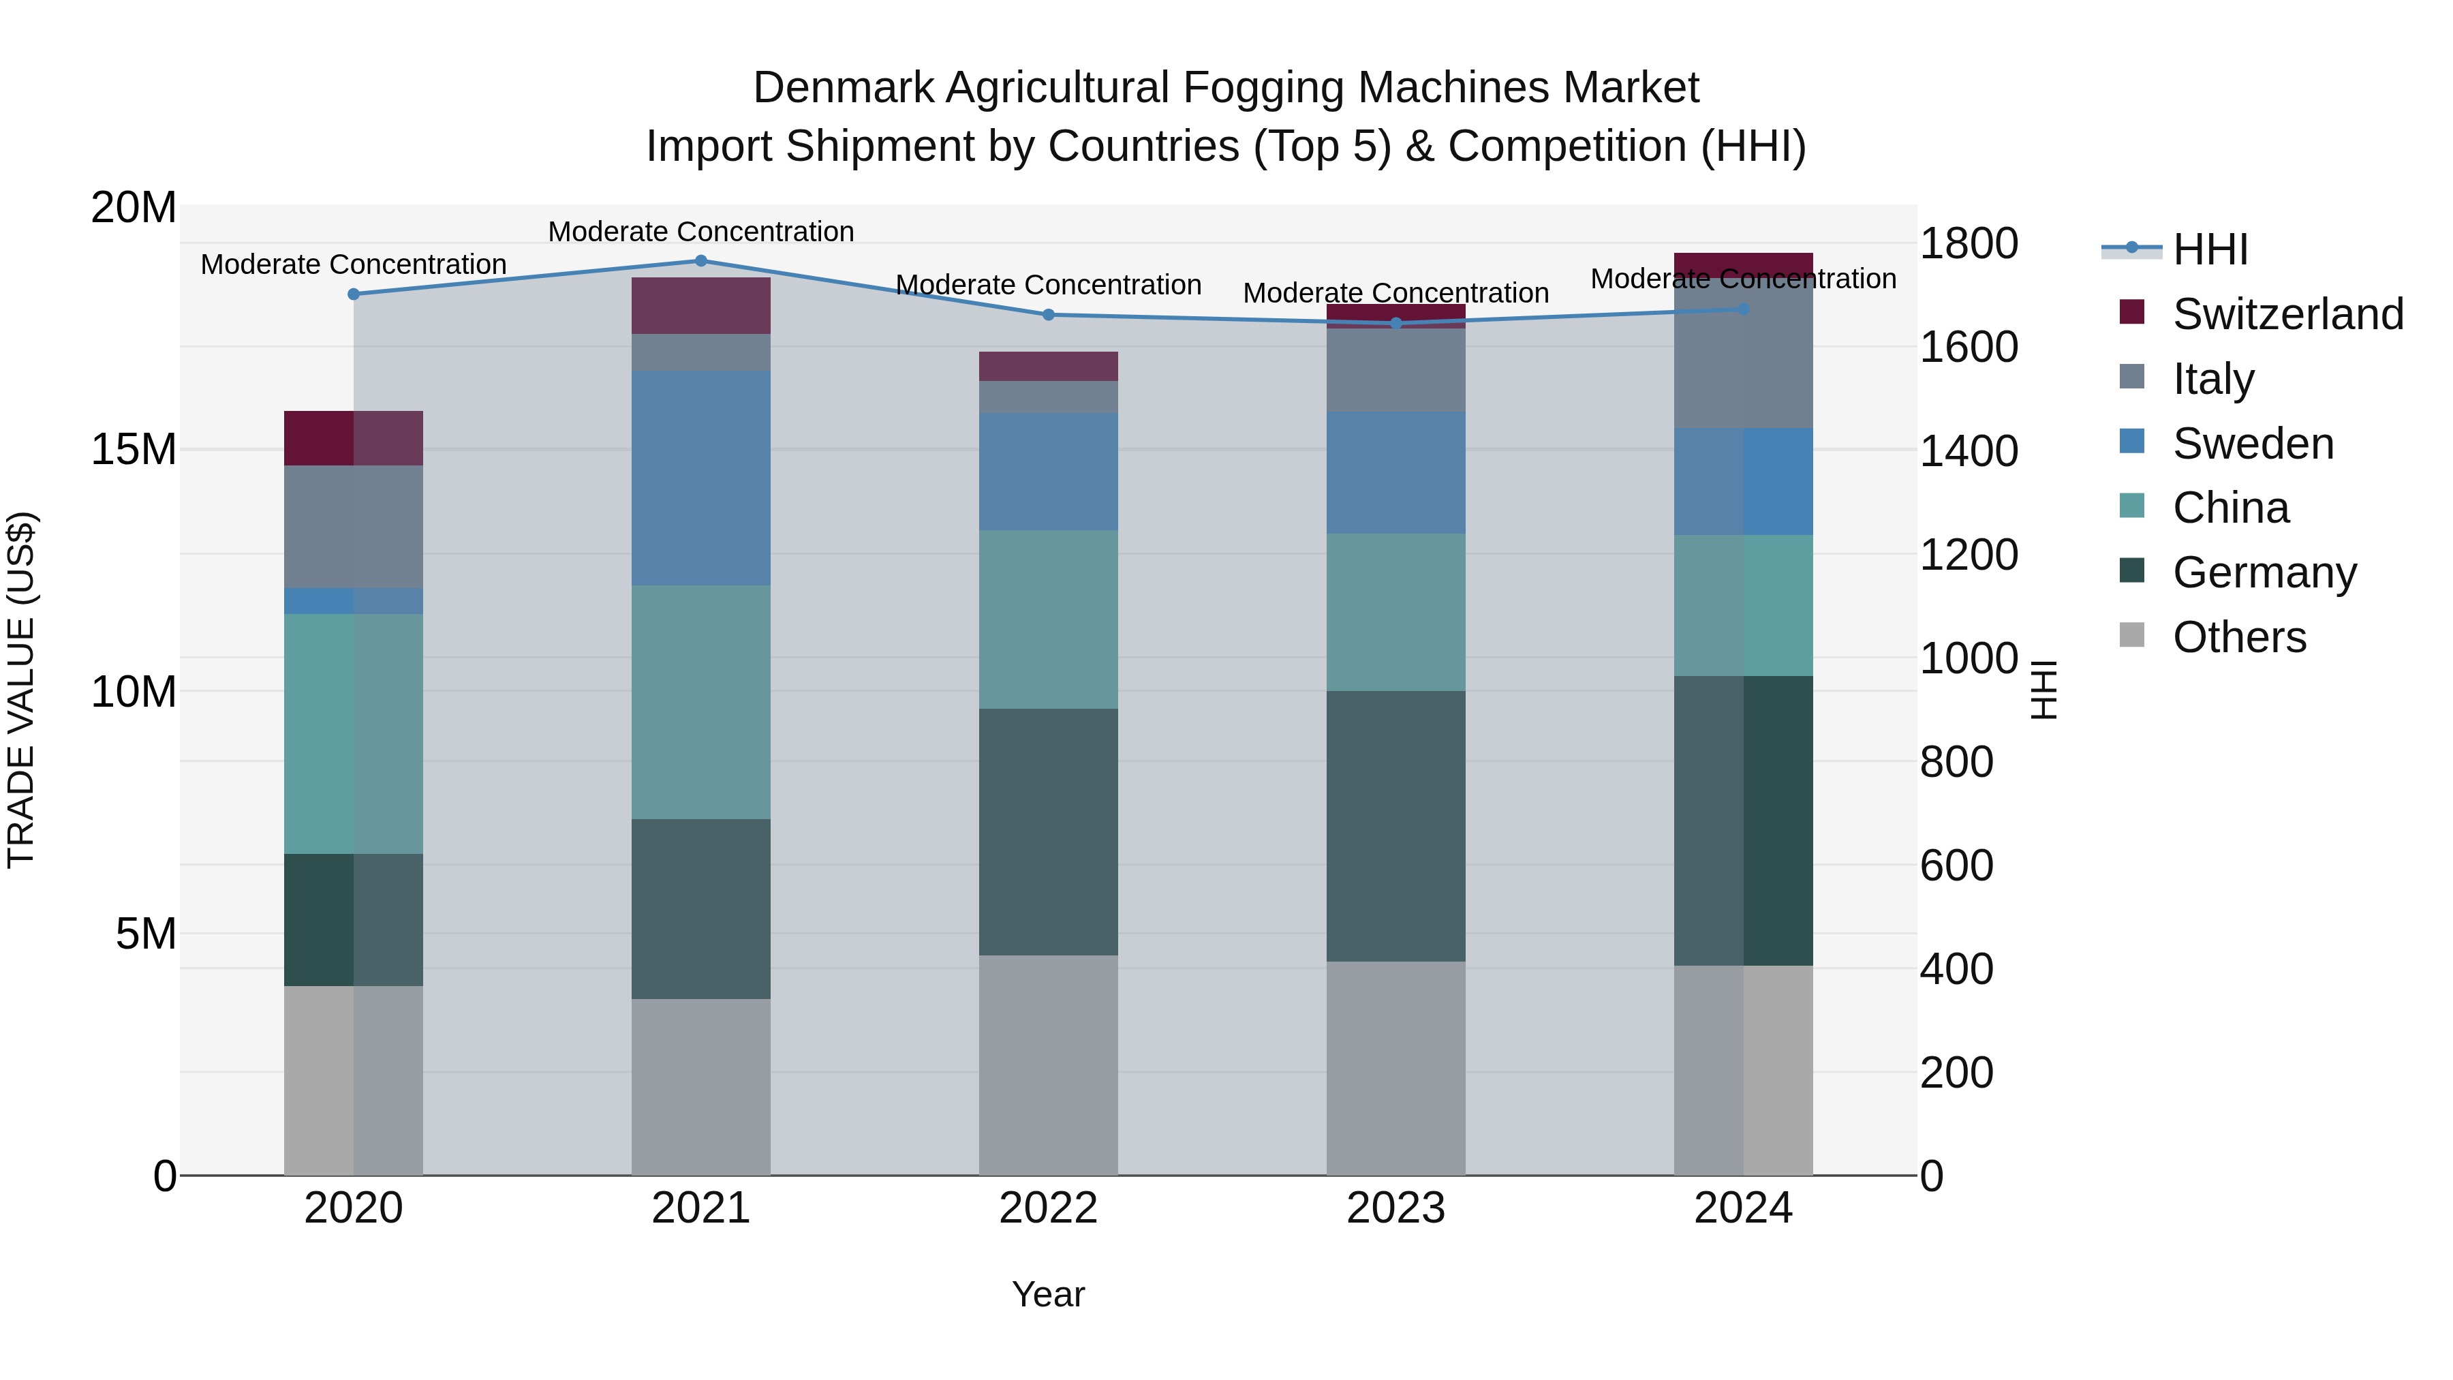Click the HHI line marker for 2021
tap(701, 260)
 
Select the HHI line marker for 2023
tap(1396, 323)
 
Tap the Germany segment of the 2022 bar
tap(1049, 831)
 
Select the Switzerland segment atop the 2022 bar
tap(1049, 366)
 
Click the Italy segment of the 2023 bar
tap(1396, 369)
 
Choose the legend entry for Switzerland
tap(2287, 314)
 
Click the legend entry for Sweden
tap(2253, 444)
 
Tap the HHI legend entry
tap(2209, 249)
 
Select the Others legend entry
tap(2239, 637)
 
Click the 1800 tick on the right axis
tap(1967, 244)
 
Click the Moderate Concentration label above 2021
tap(701, 232)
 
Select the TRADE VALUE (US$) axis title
tap(21, 690)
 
